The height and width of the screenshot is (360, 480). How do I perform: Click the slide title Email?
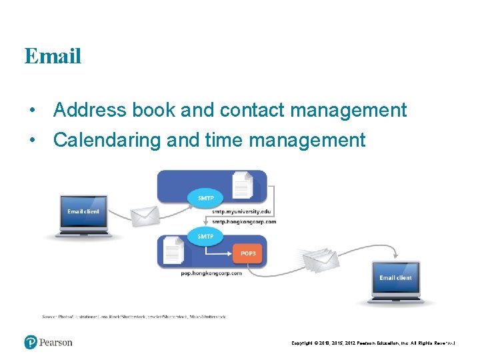(x=53, y=56)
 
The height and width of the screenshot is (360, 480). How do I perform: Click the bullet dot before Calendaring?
(x=31, y=141)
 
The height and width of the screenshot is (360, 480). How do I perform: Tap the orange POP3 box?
(x=247, y=253)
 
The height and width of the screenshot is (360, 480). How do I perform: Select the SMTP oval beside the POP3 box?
(x=205, y=236)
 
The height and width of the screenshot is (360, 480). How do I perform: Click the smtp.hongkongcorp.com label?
(x=243, y=221)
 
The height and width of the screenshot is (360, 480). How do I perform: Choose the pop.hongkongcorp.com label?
(x=211, y=273)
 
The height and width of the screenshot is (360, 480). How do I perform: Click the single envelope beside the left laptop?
(x=145, y=215)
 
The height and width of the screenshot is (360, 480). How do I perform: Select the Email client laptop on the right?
(x=395, y=281)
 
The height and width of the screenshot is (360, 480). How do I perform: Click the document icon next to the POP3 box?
(x=175, y=251)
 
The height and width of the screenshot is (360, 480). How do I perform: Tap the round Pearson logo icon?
(x=31, y=342)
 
